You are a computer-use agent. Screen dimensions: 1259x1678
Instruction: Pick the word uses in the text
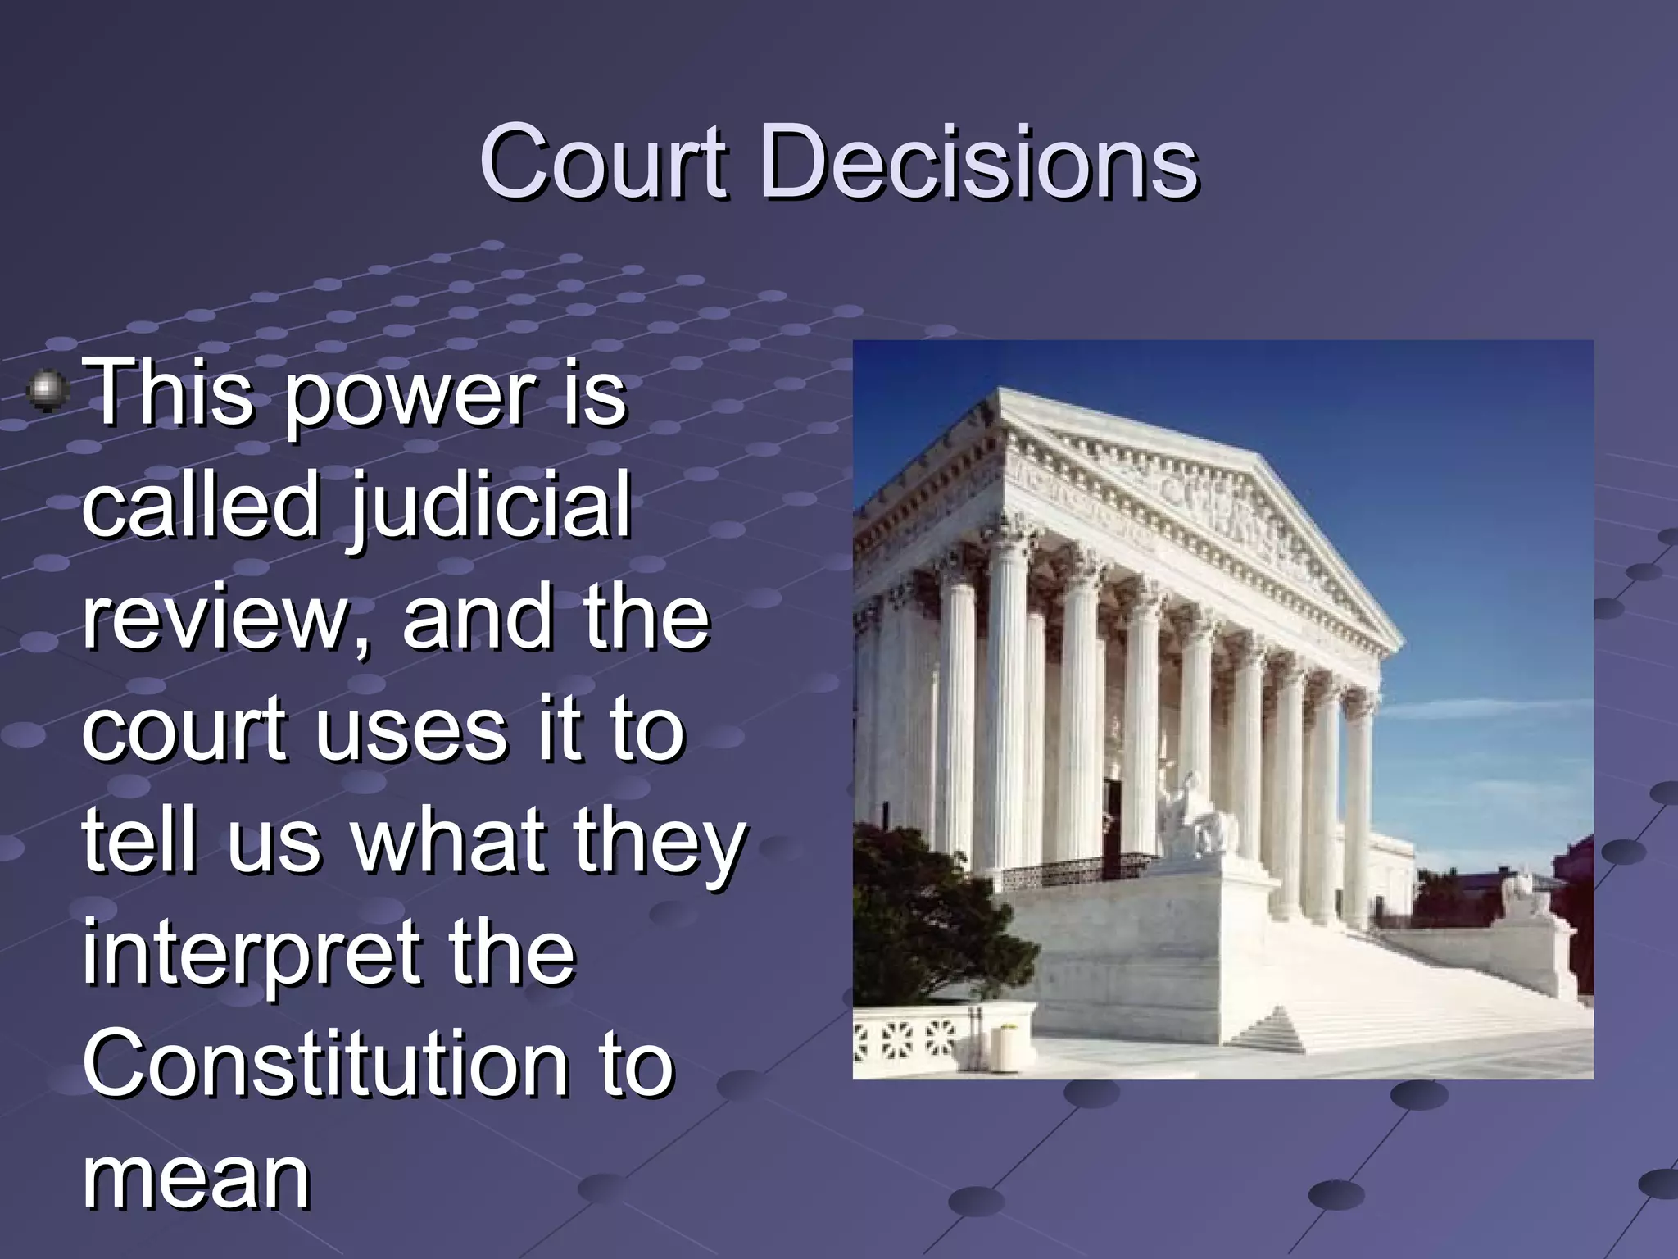tap(410, 729)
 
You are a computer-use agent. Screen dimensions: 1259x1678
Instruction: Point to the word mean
tap(196, 1177)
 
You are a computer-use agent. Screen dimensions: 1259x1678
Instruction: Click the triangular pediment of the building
tap(1213, 508)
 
